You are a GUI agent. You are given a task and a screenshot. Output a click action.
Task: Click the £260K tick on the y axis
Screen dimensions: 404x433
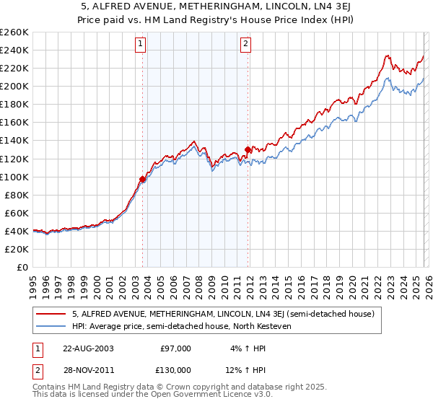(x=14, y=32)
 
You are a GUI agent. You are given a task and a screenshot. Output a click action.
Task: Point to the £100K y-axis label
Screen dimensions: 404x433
(x=14, y=177)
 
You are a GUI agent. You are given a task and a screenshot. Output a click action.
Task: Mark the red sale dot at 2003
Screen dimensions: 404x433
(x=142, y=180)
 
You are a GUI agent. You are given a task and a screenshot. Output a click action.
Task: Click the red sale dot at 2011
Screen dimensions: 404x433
(x=248, y=150)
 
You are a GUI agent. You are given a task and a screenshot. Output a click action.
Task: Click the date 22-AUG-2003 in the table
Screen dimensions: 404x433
(x=87, y=348)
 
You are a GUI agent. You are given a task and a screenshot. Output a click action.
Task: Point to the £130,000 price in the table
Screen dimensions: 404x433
(x=175, y=370)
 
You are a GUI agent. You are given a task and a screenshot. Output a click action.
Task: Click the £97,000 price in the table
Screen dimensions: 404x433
(x=175, y=348)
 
